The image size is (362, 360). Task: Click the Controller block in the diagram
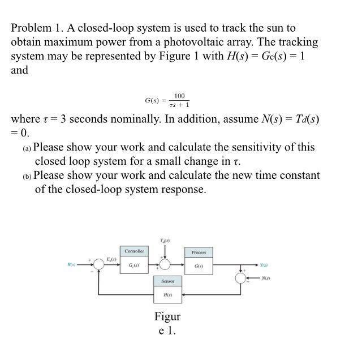[134, 259]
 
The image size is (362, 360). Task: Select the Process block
[199, 259]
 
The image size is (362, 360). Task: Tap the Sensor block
[167, 288]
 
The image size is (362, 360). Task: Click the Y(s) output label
[264, 264]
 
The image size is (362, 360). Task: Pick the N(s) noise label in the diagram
[266, 278]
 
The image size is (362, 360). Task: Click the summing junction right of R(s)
[98, 264]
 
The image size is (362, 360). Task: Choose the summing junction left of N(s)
[241, 278]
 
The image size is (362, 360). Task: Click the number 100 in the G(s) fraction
[179, 96]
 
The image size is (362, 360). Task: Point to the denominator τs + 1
[179, 105]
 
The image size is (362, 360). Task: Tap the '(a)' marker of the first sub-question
[27, 148]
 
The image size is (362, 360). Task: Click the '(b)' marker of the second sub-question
[27, 177]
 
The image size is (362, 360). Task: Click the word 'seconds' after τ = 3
[87, 119]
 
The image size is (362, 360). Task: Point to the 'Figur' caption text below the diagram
[167, 316]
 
